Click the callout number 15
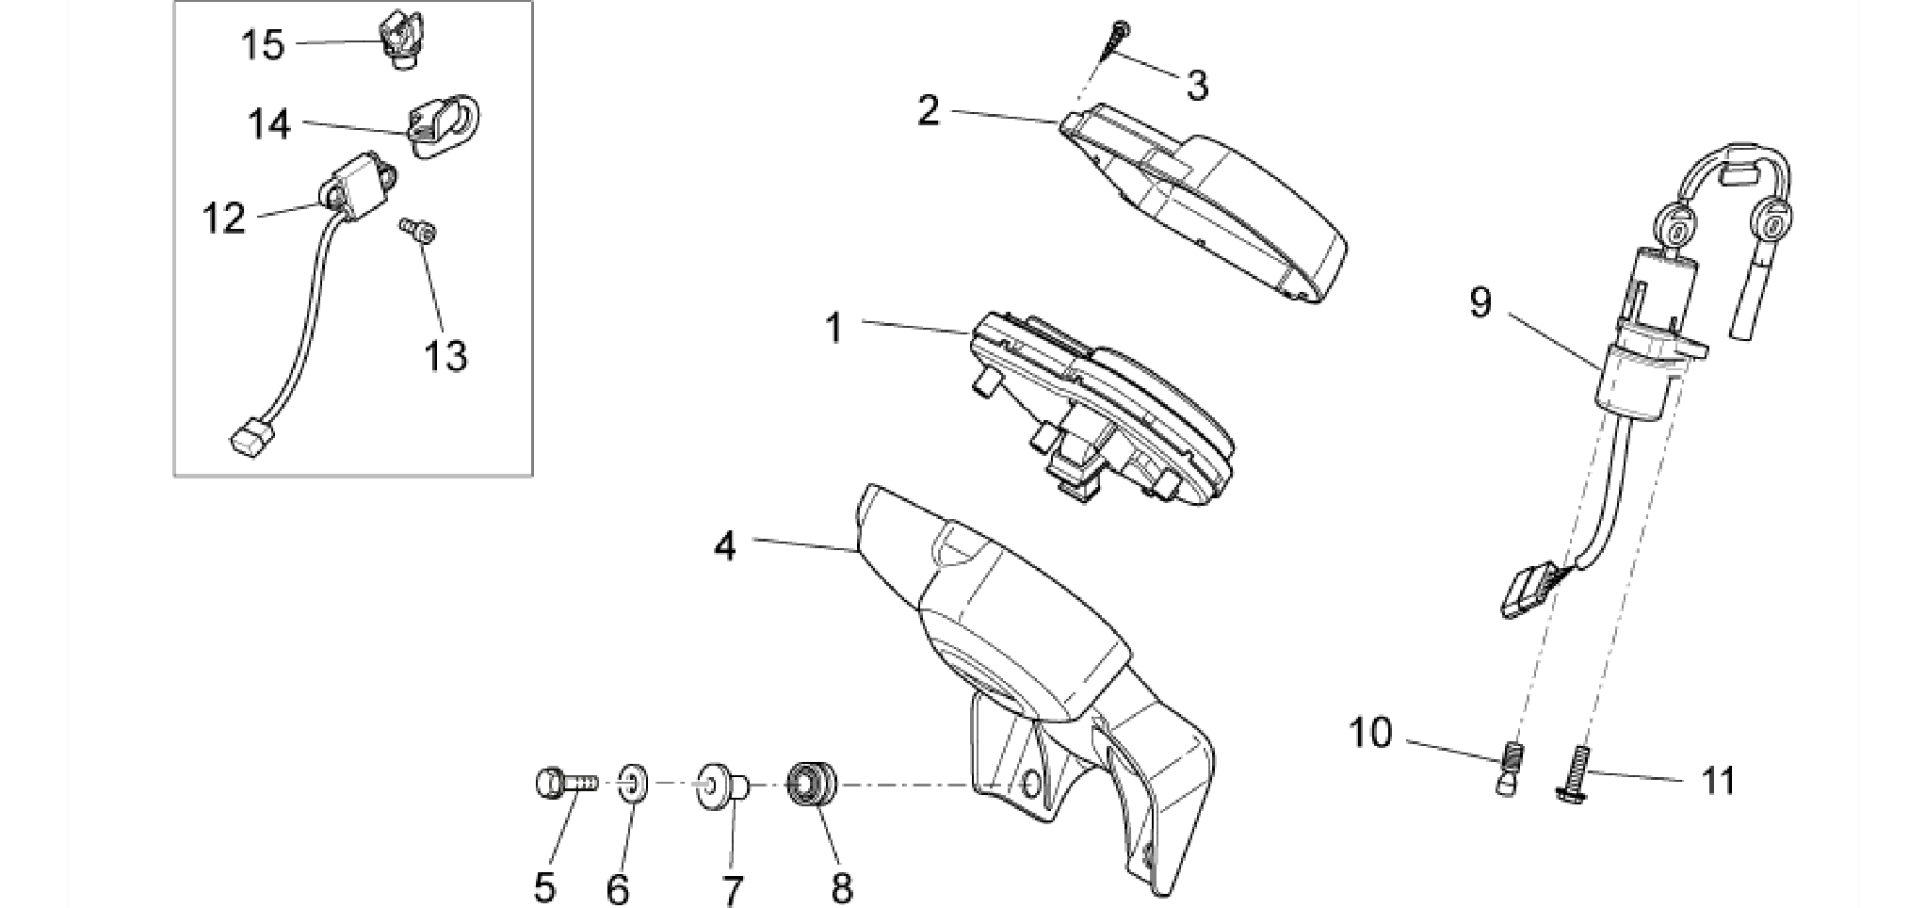[263, 44]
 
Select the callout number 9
[1480, 302]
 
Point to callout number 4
[724, 546]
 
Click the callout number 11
[1719, 781]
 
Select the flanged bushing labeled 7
[721, 785]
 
